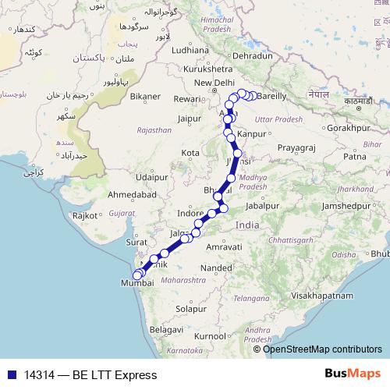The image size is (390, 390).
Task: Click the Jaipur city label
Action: point(190,119)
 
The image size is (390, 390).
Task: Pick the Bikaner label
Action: point(145,97)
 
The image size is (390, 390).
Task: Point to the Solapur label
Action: point(190,309)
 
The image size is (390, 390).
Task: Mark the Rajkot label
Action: point(83,214)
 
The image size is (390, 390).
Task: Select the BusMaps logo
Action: point(353,374)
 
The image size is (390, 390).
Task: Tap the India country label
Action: point(247,225)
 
